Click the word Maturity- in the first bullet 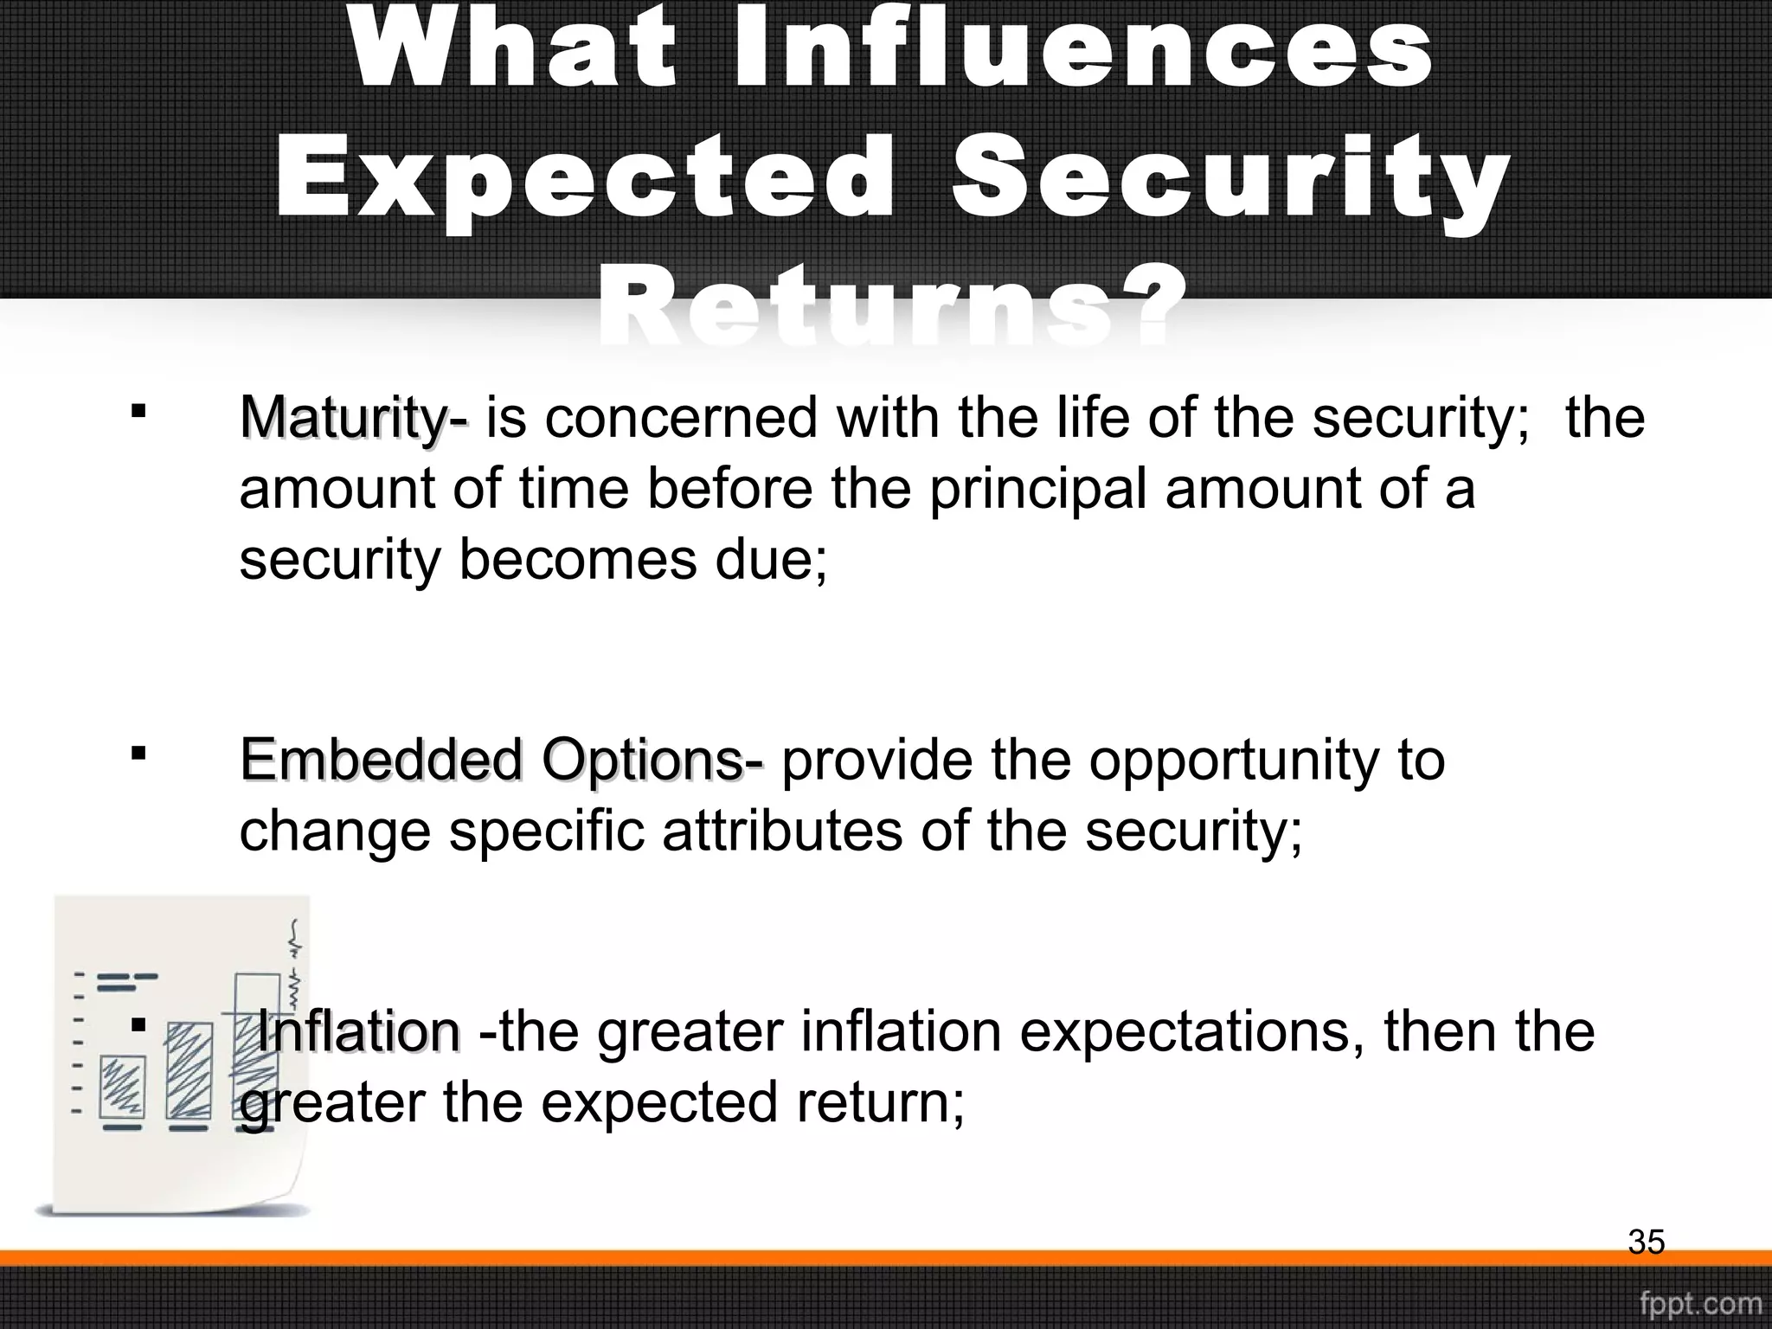(353, 420)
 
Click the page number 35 (1646, 1242)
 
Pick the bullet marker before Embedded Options (137, 754)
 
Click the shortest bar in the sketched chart (121, 1088)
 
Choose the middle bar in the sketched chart (189, 1071)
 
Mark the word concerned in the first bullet (680, 420)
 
